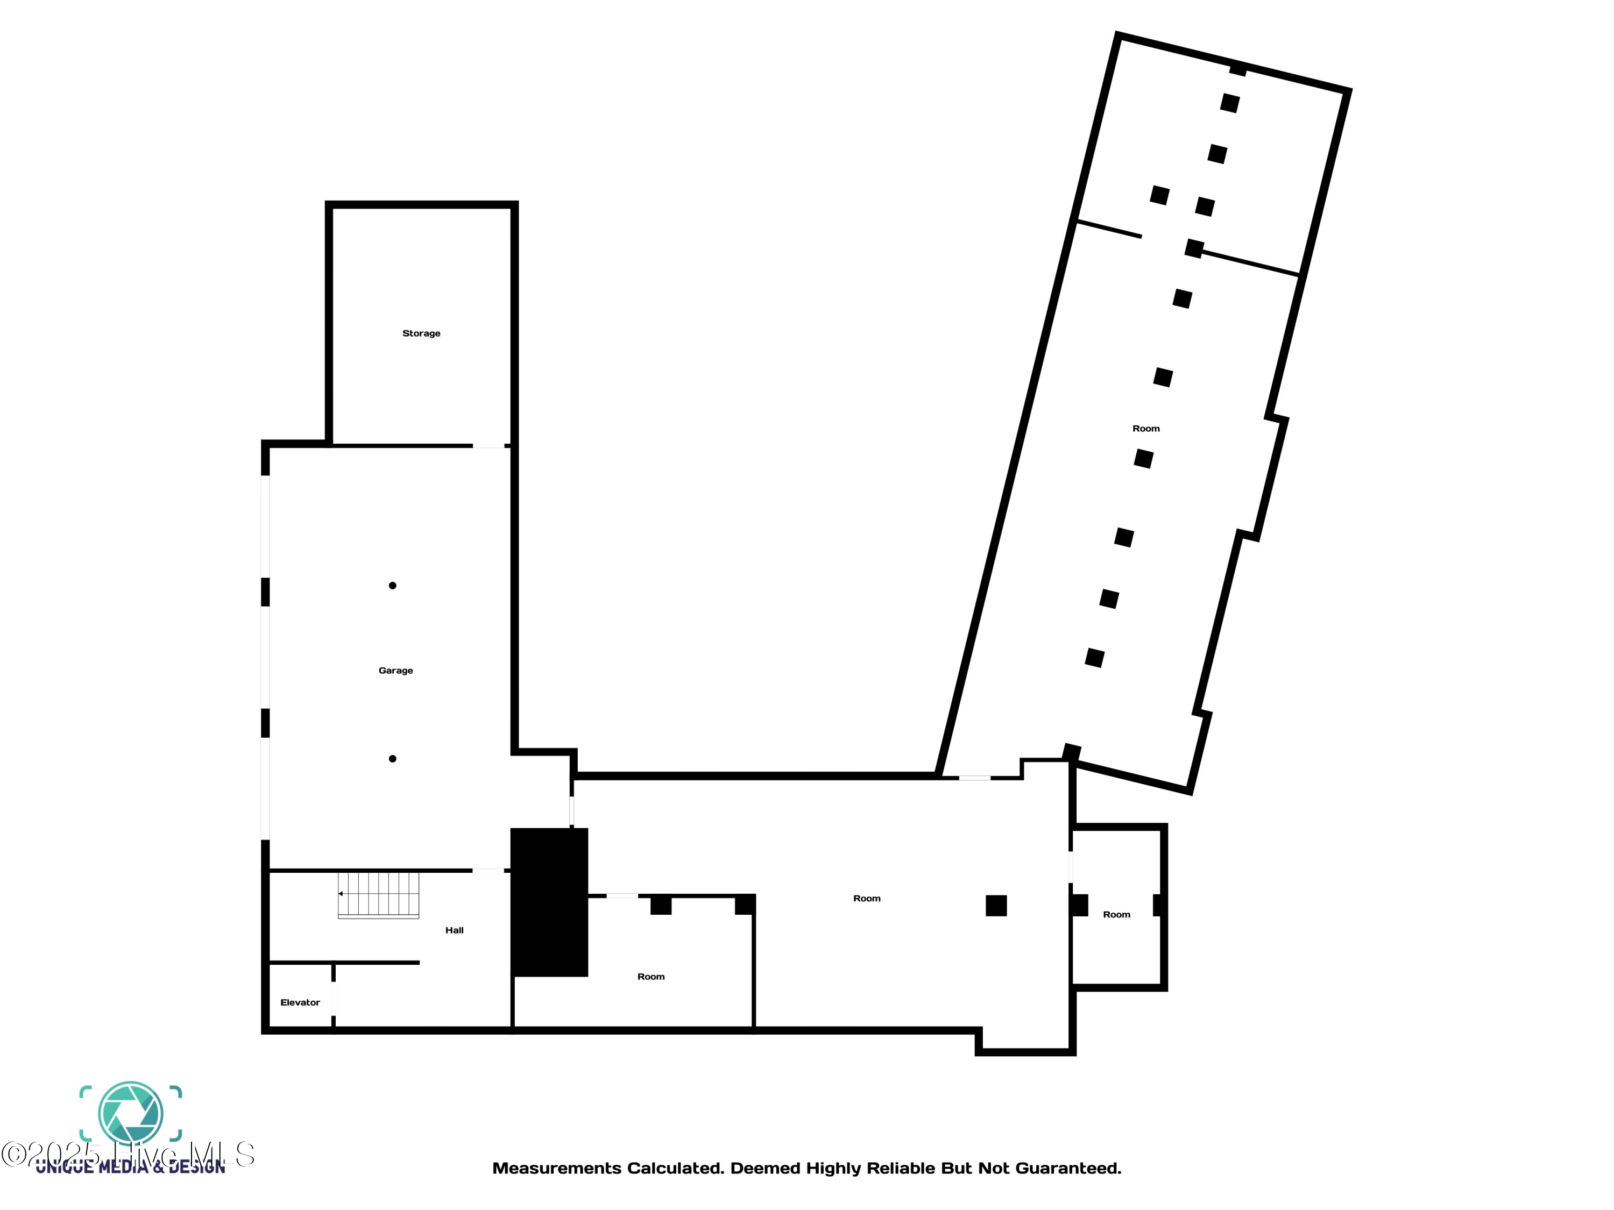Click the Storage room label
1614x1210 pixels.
(x=421, y=333)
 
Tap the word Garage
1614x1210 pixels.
(x=395, y=670)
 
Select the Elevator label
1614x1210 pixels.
(x=300, y=1002)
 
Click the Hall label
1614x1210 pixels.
(x=454, y=930)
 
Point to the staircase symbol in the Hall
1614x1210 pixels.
(x=379, y=894)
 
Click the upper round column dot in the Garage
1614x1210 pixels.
(x=393, y=586)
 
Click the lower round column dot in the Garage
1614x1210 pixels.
(x=393, y=758)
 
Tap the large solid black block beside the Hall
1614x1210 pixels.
(x=549, y=902)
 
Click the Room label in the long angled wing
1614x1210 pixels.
(x=1145, y=429)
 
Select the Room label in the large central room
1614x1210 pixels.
(x=867, y=899)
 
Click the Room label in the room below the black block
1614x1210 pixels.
(x=651, y=977)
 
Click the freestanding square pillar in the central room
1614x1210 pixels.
(x=996, y=906)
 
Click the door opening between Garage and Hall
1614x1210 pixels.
(x=488, y=870)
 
